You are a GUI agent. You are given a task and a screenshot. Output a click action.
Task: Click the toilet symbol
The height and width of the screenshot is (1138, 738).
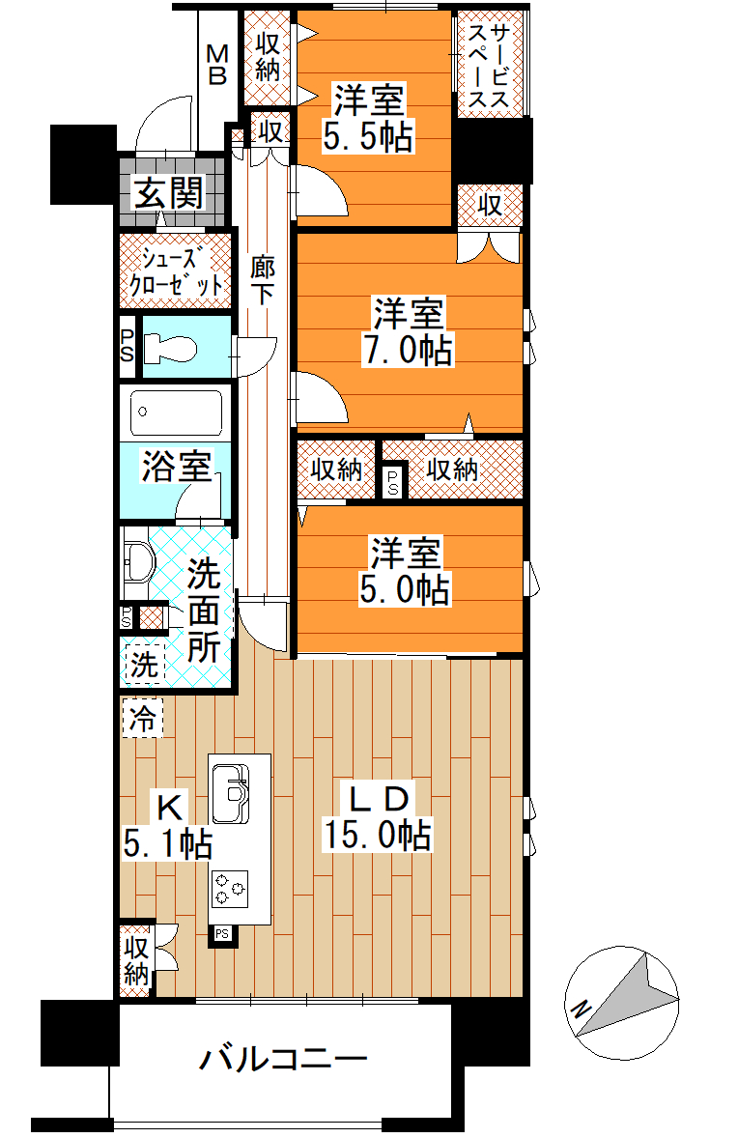click(171, 349)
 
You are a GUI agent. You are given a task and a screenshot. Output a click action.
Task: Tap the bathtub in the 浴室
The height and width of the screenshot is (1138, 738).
click(177, 413)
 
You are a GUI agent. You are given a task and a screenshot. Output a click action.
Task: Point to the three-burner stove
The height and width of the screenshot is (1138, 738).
click(229, 889)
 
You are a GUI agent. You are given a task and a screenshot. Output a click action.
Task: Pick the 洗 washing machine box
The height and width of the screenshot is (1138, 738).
click(144, 664)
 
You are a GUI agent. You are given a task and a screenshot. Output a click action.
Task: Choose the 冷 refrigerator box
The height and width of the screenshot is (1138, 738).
click(143, 719)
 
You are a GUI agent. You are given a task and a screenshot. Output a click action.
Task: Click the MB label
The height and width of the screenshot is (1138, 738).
click(217, 65)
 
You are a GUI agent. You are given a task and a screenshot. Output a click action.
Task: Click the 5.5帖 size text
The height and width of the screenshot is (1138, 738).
click(368, 135)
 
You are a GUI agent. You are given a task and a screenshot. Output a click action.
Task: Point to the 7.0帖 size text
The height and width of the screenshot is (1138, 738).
click(408, 350)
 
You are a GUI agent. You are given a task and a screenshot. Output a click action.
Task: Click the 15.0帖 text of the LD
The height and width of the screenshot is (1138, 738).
click(378, 835)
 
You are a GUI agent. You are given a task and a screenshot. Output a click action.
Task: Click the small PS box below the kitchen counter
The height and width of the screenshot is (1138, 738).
click(222, 934)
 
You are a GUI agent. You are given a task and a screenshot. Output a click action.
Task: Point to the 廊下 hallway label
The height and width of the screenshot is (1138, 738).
click(263, 280)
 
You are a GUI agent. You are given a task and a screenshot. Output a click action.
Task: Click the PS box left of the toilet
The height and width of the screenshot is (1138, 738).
click(127, 346)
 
